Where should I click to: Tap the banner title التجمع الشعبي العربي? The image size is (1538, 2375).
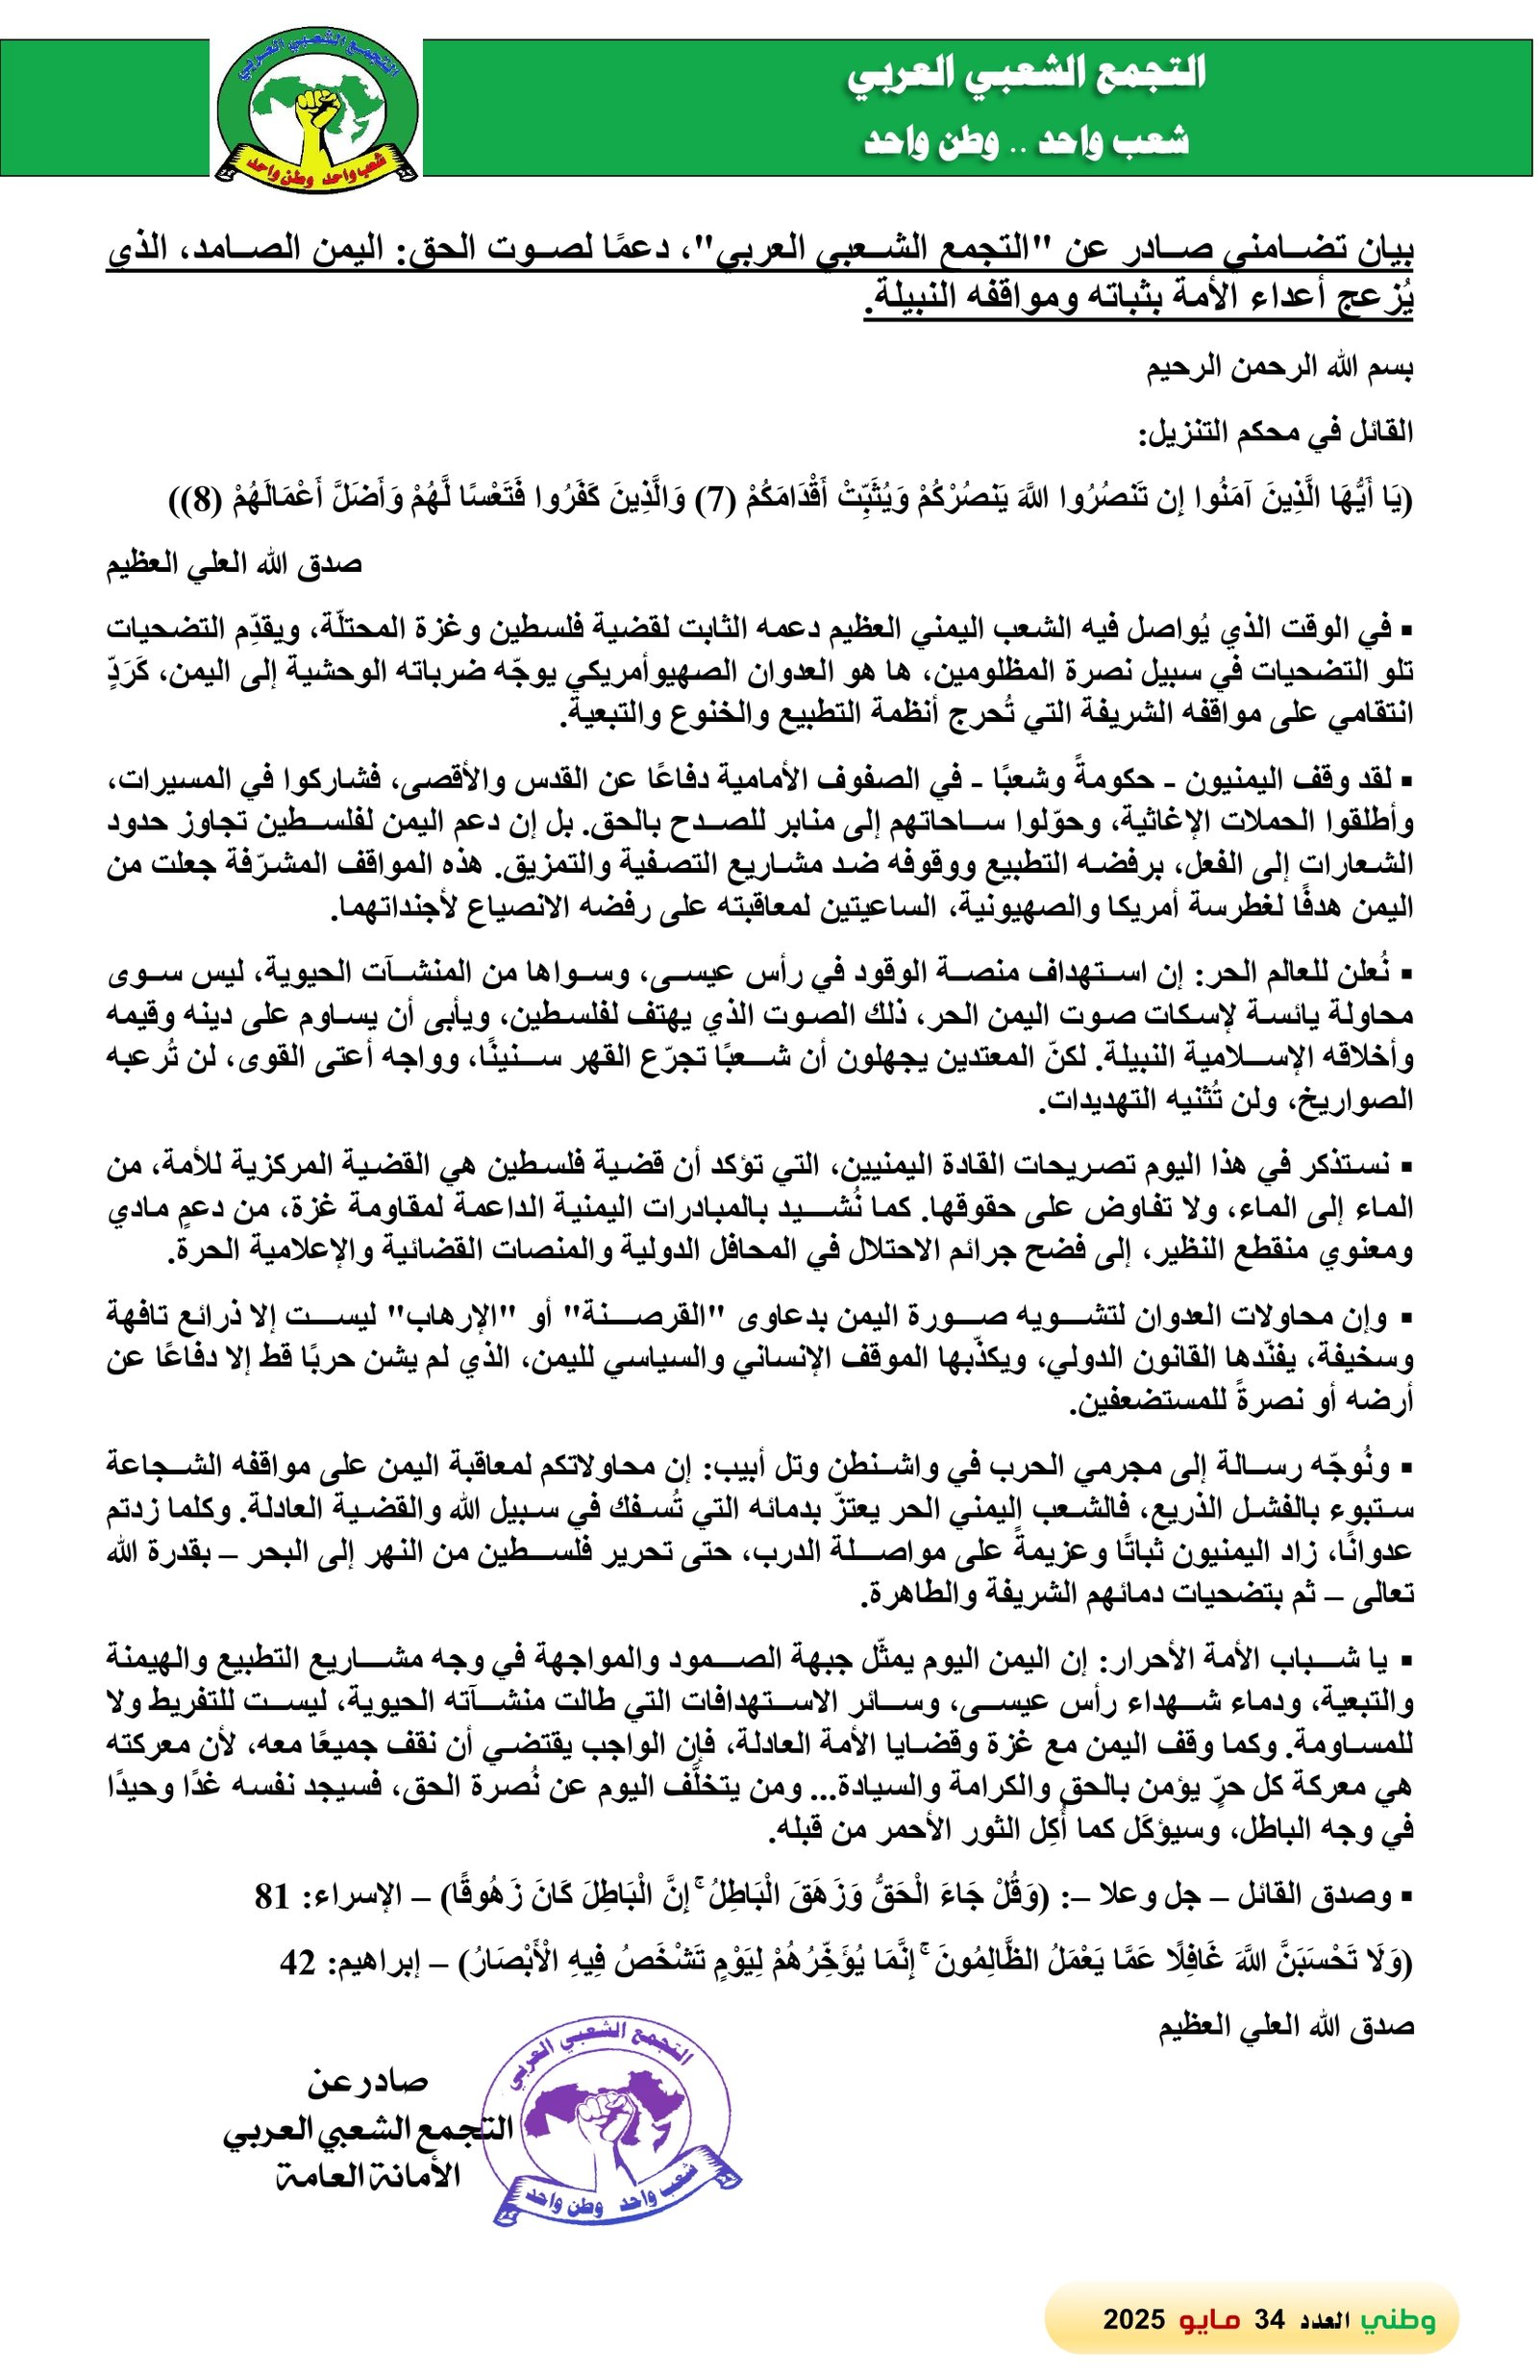(x=1027, y=75)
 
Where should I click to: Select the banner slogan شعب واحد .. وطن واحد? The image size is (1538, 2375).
(x=1027, y=140)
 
